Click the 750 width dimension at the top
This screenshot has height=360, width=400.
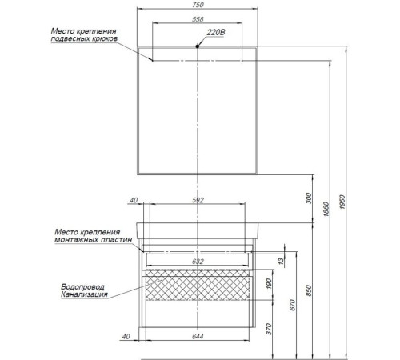click(x=198, y=5)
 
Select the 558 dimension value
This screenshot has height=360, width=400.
click(x=198, y=19)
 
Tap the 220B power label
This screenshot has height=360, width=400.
click(x=216, y=32)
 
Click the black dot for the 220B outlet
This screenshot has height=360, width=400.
click(x=198, y=46)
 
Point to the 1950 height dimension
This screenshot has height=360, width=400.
click(x=342, y=202)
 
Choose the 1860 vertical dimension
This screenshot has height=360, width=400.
click(x=326, y=209)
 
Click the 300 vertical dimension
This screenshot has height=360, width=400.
click(x=309, y=198)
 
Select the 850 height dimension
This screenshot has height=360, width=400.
click(x=309, y=290)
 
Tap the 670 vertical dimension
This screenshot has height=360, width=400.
click(x=293, y=305)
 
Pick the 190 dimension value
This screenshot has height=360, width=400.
click(x=269, y=284)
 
